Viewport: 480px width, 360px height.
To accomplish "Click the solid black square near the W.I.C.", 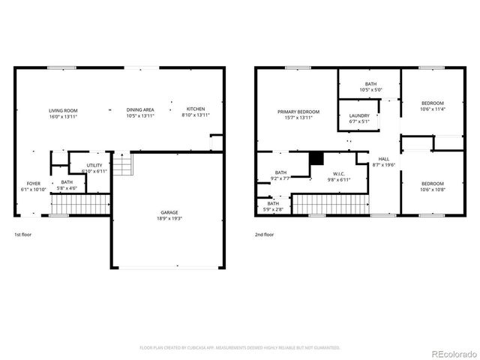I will [x=316, y=157].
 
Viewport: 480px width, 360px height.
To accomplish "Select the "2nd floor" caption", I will [x=264, y=235].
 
